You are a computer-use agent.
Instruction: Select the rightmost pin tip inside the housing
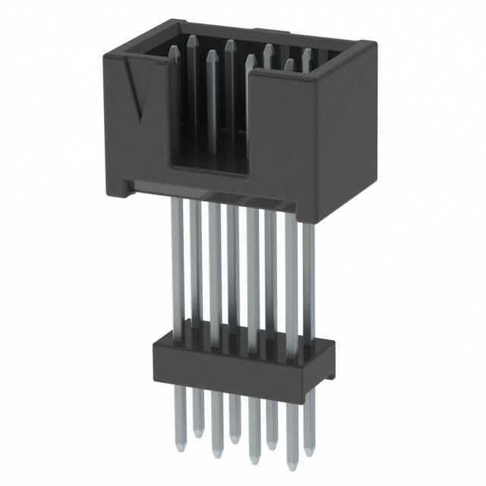coord(307,53)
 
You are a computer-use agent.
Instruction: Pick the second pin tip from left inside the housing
coord(193,39)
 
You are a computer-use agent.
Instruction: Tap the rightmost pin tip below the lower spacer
coord(311,456)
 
